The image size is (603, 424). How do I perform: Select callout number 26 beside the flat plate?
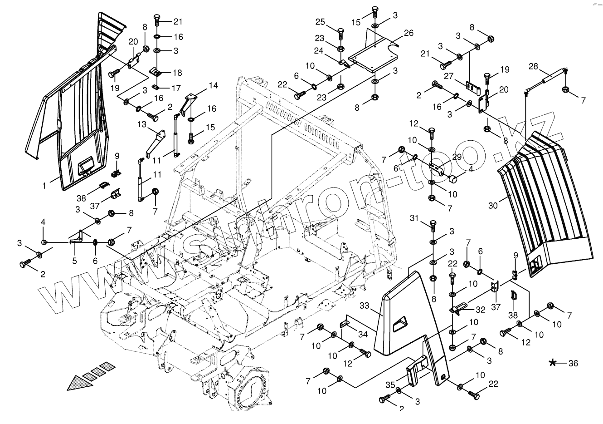click(x=408, y=33)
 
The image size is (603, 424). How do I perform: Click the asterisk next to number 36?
click(x=553, y=363)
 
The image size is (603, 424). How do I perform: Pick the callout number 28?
click(x=533, y=67)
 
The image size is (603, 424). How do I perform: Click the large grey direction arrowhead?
click(x=77, y=384)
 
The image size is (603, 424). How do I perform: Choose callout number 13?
click(x=141, y=124)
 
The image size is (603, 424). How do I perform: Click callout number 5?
click(x=74, y=261)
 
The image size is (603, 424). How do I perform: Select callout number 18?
click(x=177, y=73)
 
